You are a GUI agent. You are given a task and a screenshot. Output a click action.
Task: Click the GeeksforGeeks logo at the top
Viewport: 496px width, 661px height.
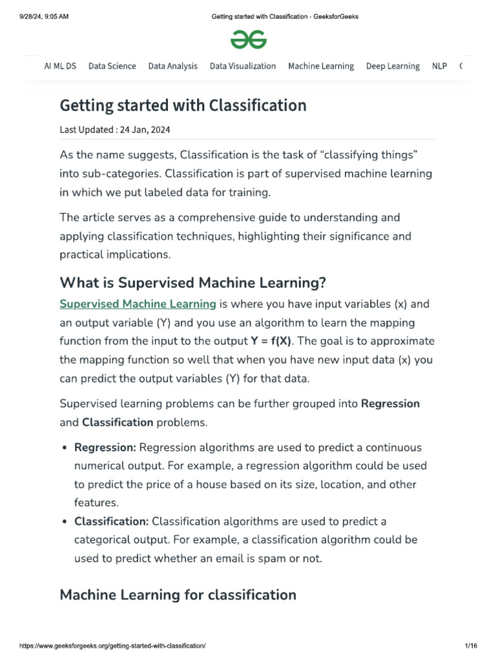(248, 41)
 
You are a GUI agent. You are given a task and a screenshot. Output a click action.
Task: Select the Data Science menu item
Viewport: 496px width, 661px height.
(112, 66)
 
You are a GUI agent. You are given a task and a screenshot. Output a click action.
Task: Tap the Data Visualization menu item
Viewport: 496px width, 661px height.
(243, 66)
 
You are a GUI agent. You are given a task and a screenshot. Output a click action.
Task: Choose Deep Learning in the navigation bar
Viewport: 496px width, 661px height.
(393, 66)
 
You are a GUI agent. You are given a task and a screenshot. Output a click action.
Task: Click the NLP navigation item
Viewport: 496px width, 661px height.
(439, 66)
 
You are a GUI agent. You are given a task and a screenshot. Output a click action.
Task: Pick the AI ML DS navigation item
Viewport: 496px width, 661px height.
(60, 66)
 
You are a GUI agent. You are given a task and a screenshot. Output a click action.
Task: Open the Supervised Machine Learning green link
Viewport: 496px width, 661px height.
(138, 304)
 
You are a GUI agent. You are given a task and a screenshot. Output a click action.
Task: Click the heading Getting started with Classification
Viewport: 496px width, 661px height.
(183, 105)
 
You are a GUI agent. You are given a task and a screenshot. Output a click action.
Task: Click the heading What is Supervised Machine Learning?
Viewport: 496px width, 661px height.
(193, 282)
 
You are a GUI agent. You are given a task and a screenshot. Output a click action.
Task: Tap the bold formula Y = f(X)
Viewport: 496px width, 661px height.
(271, 341)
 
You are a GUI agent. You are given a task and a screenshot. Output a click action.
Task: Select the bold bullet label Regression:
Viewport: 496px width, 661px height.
(105, 447)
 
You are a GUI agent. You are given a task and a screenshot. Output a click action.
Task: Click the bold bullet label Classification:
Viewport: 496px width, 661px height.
(112, 521)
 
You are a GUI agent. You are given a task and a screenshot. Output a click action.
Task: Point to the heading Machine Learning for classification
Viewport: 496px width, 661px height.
(178, 595)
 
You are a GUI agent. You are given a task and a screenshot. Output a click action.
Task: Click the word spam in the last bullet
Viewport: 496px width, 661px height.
(271, 558)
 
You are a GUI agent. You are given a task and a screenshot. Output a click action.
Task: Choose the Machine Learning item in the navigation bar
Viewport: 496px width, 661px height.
(321, 66)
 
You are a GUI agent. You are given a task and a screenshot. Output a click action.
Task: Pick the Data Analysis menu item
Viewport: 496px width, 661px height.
(173, 66)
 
